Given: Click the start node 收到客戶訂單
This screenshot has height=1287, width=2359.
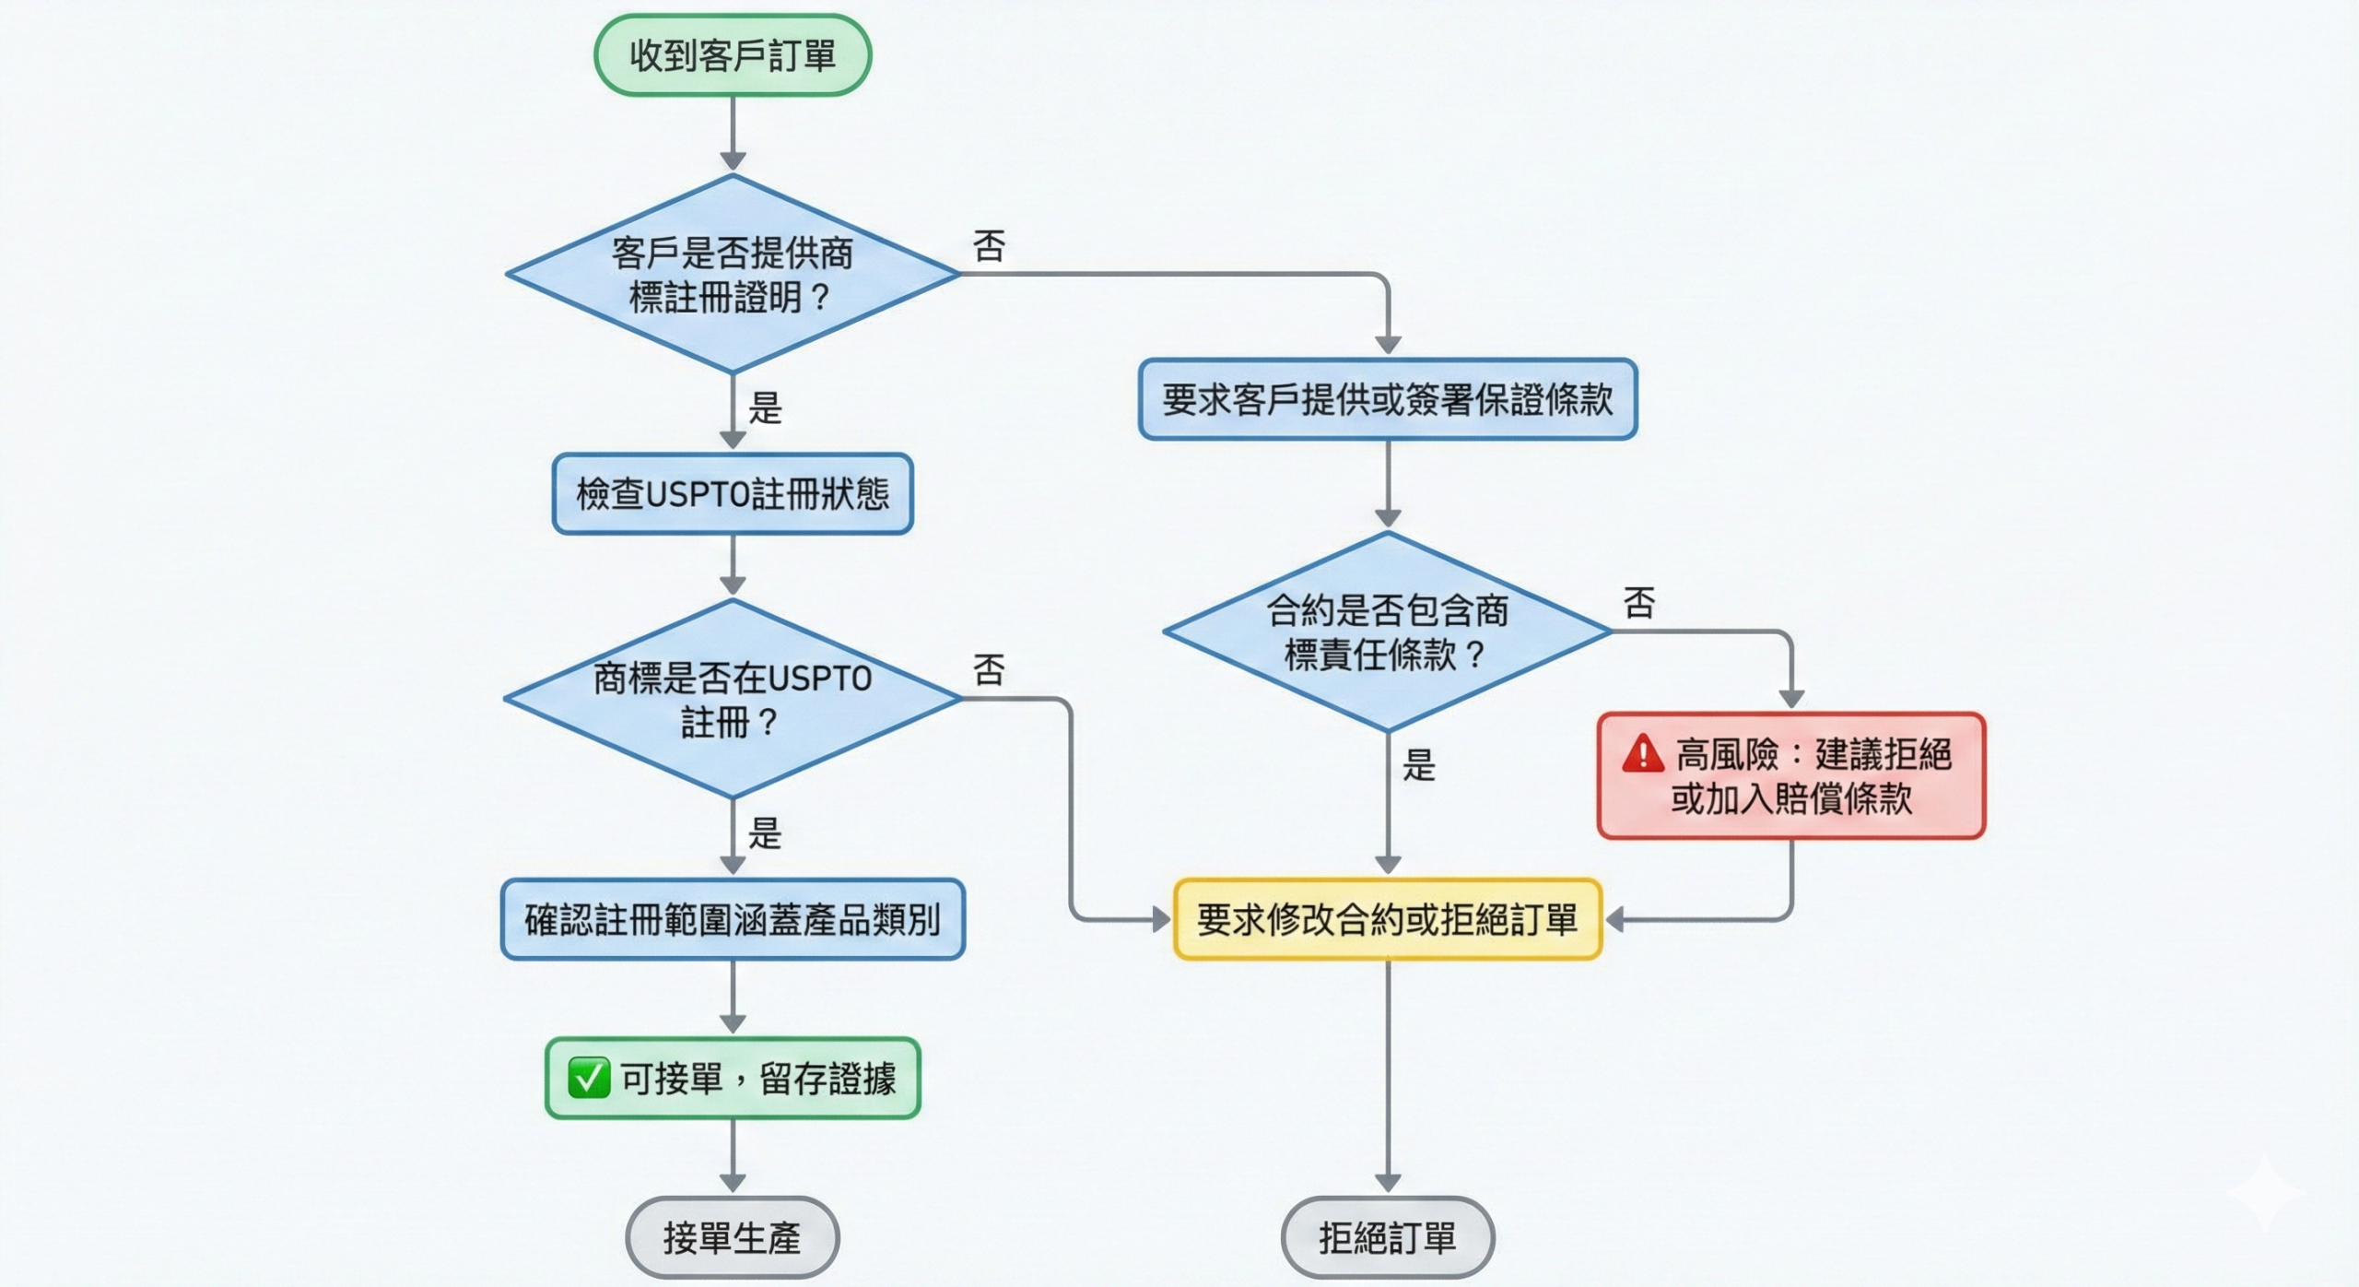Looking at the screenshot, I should point(733,55).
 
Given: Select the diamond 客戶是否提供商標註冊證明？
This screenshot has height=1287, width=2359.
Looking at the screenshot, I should point(733,274).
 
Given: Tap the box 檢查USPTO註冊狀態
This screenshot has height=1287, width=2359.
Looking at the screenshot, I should point(733,494).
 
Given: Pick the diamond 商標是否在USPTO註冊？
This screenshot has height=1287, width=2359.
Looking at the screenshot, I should point(733,699).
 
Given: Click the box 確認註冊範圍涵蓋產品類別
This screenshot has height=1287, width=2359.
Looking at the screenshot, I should point(733,919).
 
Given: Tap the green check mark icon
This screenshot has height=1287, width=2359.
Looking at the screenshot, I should point(589,1078).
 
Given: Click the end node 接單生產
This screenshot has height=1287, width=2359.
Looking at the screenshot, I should point(733,1237).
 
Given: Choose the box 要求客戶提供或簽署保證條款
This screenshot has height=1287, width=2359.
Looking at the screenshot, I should point(1388,399).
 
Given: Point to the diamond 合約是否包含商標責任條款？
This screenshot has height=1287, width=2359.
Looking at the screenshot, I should point(1388,632).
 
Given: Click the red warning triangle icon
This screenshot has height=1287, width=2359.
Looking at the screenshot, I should point(1643,754).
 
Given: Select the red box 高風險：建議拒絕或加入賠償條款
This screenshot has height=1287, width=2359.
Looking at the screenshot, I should point(1791,775).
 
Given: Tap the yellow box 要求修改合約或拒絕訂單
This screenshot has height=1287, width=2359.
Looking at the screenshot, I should point(1388,919).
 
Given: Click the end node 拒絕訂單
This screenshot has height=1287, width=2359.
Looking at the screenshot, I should point(1388,1237).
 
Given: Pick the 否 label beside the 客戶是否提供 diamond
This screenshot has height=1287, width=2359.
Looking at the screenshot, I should point(989,246).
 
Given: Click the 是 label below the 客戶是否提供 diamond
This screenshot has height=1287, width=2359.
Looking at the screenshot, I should point(765,407).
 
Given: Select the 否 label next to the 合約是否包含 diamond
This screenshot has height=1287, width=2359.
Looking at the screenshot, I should point(1639,603).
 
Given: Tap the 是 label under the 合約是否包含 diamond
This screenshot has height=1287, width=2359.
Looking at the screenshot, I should point(1419,765).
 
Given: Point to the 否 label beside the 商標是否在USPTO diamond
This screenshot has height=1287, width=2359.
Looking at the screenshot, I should point(989,670).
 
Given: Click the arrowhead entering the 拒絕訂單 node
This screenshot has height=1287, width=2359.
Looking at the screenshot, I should point(1388,1183).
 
